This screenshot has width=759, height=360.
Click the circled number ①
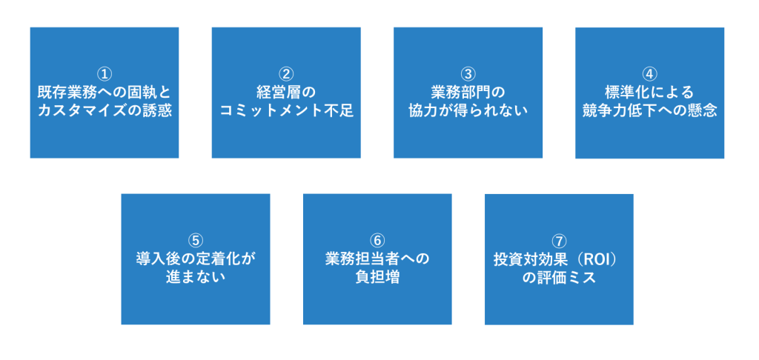[x=105, y=74]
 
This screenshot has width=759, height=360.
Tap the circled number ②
[x=286, y=74]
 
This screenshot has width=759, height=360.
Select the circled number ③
[x=468, y=74]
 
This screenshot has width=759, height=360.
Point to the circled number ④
[x=649, y=74]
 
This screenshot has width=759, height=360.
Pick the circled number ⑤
[x=196, y=241]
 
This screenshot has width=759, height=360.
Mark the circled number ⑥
[x=377, y=241]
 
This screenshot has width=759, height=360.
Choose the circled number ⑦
[x=559, y=241]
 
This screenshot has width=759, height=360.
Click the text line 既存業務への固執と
[x=105, y=93]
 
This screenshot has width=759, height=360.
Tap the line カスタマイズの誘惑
[x=105, y=111]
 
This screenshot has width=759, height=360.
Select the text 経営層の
[x=286, y=93]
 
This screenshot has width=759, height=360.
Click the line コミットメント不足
[x=286, y=111]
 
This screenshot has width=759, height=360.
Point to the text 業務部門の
[x=468, y=93]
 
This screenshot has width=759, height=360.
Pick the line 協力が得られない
[x=468, y=111]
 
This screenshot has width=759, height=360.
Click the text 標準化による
[x=649, y=93]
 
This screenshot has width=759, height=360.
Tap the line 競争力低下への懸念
[x=649, y=111]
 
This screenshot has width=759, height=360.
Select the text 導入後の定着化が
[x=196, y=259]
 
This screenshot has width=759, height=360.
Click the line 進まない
[x=196, y=277]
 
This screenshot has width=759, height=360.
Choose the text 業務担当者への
[x=377, y=259]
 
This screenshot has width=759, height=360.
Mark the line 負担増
[x=377, y=277]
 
